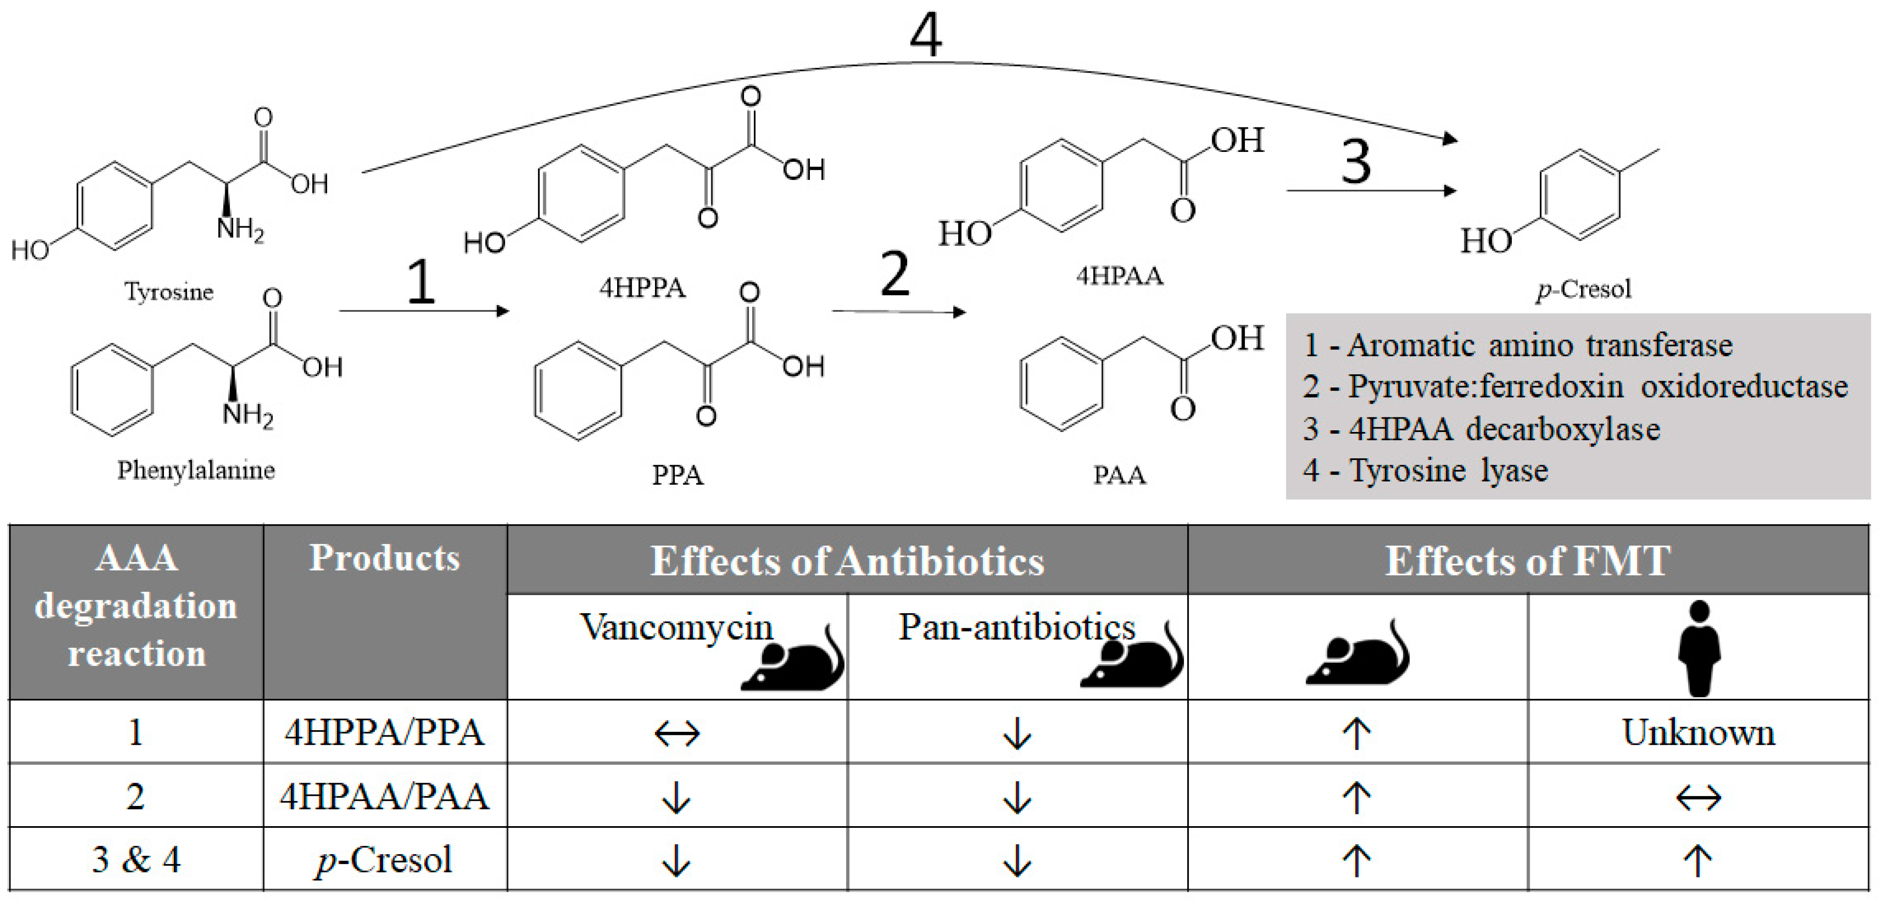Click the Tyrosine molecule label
(x=169, y=292)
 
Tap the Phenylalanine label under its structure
(x=196, y=469)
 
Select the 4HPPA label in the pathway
(x=642, y=288)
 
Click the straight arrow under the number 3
(x=1371, y=191)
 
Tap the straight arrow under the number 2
(x=898, y=312)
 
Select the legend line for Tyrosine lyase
(x=1424, y=470)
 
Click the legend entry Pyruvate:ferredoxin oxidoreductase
(x=1575, y=386)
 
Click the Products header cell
(x=384, y=558)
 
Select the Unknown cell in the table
(x=1699, y=732)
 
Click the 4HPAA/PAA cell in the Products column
(x=384, y=796)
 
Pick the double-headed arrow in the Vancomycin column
(x=677, y=733)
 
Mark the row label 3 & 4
(x=136, y=859)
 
